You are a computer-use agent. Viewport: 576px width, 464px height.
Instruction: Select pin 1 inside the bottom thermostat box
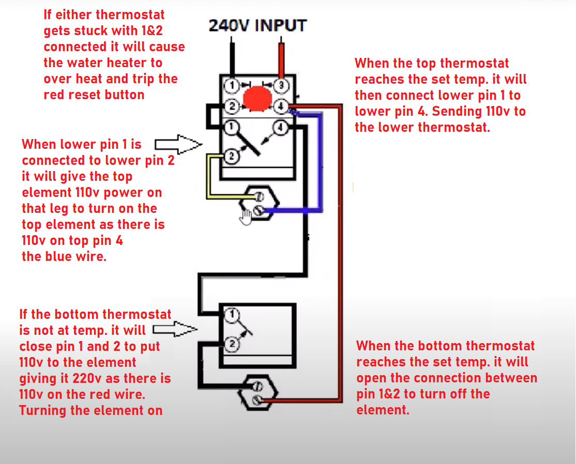pyautogui.click(x=232, y=314)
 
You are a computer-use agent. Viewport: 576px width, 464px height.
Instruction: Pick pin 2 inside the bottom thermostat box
pyautogui.click(x=232, y=343)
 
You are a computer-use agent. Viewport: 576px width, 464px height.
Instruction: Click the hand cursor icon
pyautogui.click(x=245, y=217)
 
